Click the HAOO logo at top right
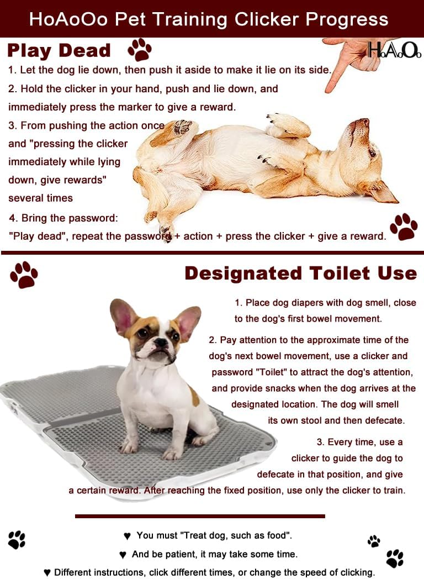click(394, 51)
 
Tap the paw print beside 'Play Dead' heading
click(139, 50)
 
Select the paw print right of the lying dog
click(404, 226)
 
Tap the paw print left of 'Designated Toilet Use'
click(24, 275)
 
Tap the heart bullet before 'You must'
click(127, 536)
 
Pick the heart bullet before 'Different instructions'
click(47, 572)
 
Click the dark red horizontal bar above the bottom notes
click(200, 516)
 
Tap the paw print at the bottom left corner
click(17, 539)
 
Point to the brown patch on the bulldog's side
click(194, 396)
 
